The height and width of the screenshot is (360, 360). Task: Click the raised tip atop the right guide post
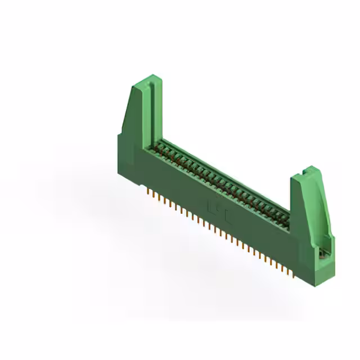(x=309, y=169)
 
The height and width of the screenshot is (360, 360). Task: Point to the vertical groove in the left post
(x=151, y=112)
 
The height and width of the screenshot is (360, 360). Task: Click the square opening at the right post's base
(x=323, y=254)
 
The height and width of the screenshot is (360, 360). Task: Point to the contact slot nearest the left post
(x=160, y=147)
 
